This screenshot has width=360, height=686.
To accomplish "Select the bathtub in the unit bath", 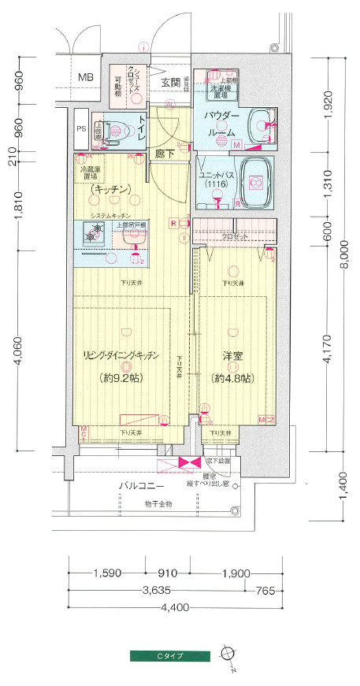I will [x=255, y=181].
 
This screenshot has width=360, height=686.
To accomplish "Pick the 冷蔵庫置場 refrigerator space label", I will [x=94, y=173].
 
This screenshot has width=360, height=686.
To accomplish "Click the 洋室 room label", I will [x=232, y=356].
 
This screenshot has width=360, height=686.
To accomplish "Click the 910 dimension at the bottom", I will [x=166, y=573].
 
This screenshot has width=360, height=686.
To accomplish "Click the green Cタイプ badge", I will [x=170, y=654].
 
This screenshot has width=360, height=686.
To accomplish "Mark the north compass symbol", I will [x=228, y=653].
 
